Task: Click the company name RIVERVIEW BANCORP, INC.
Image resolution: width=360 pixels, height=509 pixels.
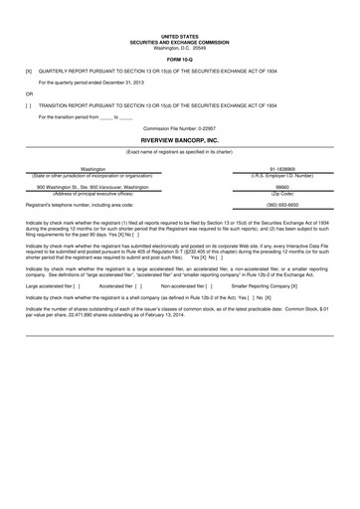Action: point(179,141)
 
